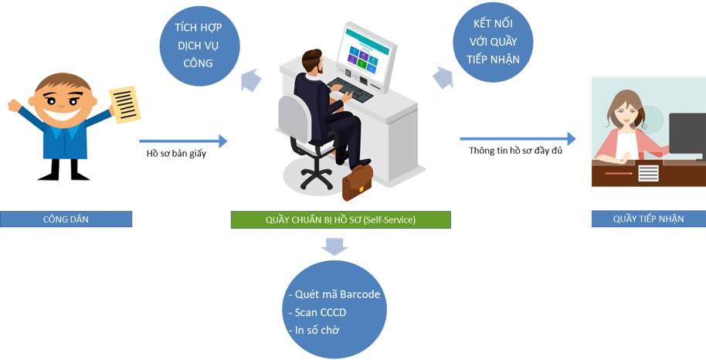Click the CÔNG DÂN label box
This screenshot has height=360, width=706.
coord(66,219)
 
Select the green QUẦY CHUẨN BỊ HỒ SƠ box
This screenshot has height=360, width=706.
coord(341,220)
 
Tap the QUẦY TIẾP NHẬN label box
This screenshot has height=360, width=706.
coord(648,219)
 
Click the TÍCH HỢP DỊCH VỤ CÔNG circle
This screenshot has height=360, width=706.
coord(199,46)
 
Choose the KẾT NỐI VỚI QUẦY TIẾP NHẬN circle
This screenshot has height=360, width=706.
coord(493,42)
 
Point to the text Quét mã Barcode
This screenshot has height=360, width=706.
coord(334,294)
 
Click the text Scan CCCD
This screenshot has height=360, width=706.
coord(317,312)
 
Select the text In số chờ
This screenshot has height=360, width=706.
coord(314,330)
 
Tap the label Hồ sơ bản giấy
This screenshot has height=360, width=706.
coord(176,154)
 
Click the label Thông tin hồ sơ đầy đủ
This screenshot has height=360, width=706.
coord(515,151)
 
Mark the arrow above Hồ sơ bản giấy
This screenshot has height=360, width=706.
coord(183,141)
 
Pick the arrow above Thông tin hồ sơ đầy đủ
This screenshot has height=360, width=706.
coord(518,139)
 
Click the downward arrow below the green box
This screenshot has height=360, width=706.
coord(334,246)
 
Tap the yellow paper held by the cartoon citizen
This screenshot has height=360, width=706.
coord(124,104)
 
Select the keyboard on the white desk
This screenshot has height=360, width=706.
coord(350,89)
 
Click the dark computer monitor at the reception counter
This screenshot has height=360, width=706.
coord(687,134)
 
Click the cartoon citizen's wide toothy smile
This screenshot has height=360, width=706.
coord(63,114)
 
